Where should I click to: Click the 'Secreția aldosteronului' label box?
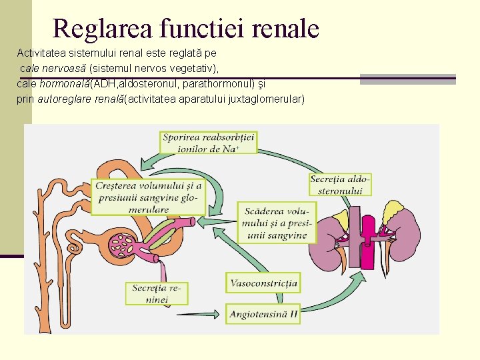tap(340, 185)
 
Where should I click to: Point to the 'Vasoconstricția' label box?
tap(263, 283)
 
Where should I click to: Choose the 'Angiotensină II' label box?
tap(263, 313)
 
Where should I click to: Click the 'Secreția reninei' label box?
tap(157, 294)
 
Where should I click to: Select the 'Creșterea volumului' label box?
tap(148, 197)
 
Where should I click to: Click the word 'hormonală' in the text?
tap(65, 84)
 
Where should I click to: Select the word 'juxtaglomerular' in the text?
tap(272, 99)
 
